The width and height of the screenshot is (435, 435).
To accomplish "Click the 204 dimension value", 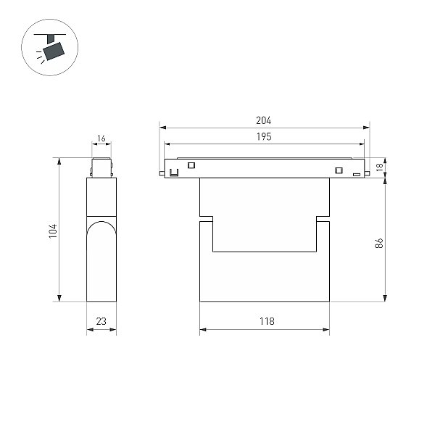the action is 264,120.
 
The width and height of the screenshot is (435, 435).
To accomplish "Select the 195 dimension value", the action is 264,136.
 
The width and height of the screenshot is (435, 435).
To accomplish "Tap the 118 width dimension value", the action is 267,321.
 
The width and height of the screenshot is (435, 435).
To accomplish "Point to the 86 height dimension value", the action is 379,243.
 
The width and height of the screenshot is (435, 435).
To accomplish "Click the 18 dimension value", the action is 379,167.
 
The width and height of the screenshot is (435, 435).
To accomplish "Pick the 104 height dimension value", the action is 53,231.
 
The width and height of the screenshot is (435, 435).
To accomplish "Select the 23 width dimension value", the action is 101,321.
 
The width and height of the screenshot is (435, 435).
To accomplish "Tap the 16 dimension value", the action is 101,138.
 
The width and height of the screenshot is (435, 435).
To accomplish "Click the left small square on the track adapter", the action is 191,165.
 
